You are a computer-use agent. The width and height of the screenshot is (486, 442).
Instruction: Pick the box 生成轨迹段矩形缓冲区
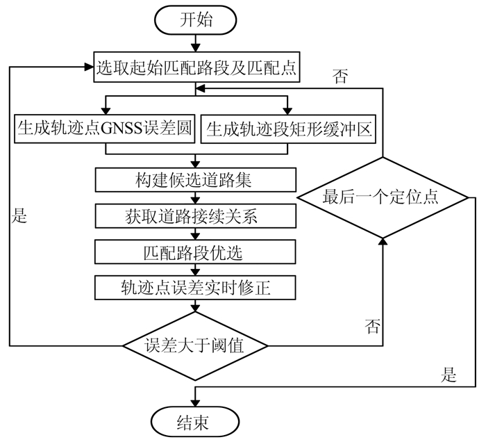[x=287, y=129]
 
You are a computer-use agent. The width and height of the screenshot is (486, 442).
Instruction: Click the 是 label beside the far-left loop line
[x=19, y=215]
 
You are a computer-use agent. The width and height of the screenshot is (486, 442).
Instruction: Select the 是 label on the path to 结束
[x=449, y=376]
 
